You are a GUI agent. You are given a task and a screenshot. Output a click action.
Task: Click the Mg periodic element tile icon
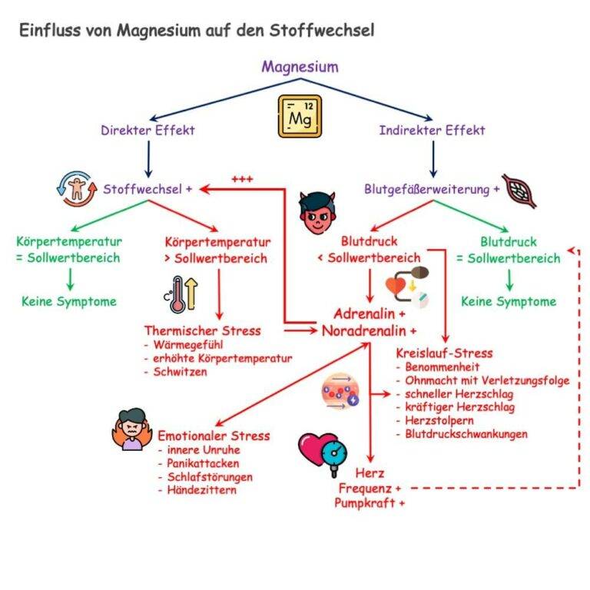(x=300, y=116)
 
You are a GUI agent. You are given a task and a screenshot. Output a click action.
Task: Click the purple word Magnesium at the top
(x=300, y=67)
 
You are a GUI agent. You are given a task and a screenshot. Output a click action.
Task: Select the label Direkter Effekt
(x=147, y=131)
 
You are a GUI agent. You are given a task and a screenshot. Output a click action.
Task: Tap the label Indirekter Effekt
(x=432, y=131)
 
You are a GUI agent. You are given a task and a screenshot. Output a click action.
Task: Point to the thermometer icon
(x=179, y=293)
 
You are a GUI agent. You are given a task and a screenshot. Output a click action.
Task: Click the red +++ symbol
(x=242, y=179)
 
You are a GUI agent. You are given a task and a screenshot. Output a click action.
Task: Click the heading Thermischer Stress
(x=202, y=331)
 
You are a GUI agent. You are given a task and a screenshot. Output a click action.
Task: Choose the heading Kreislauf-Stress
(x=444, y=353)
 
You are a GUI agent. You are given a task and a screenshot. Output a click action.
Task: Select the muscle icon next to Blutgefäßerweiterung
(x=519, y=191)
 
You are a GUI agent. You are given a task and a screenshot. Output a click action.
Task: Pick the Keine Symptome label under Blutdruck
(x=508, y=301)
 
